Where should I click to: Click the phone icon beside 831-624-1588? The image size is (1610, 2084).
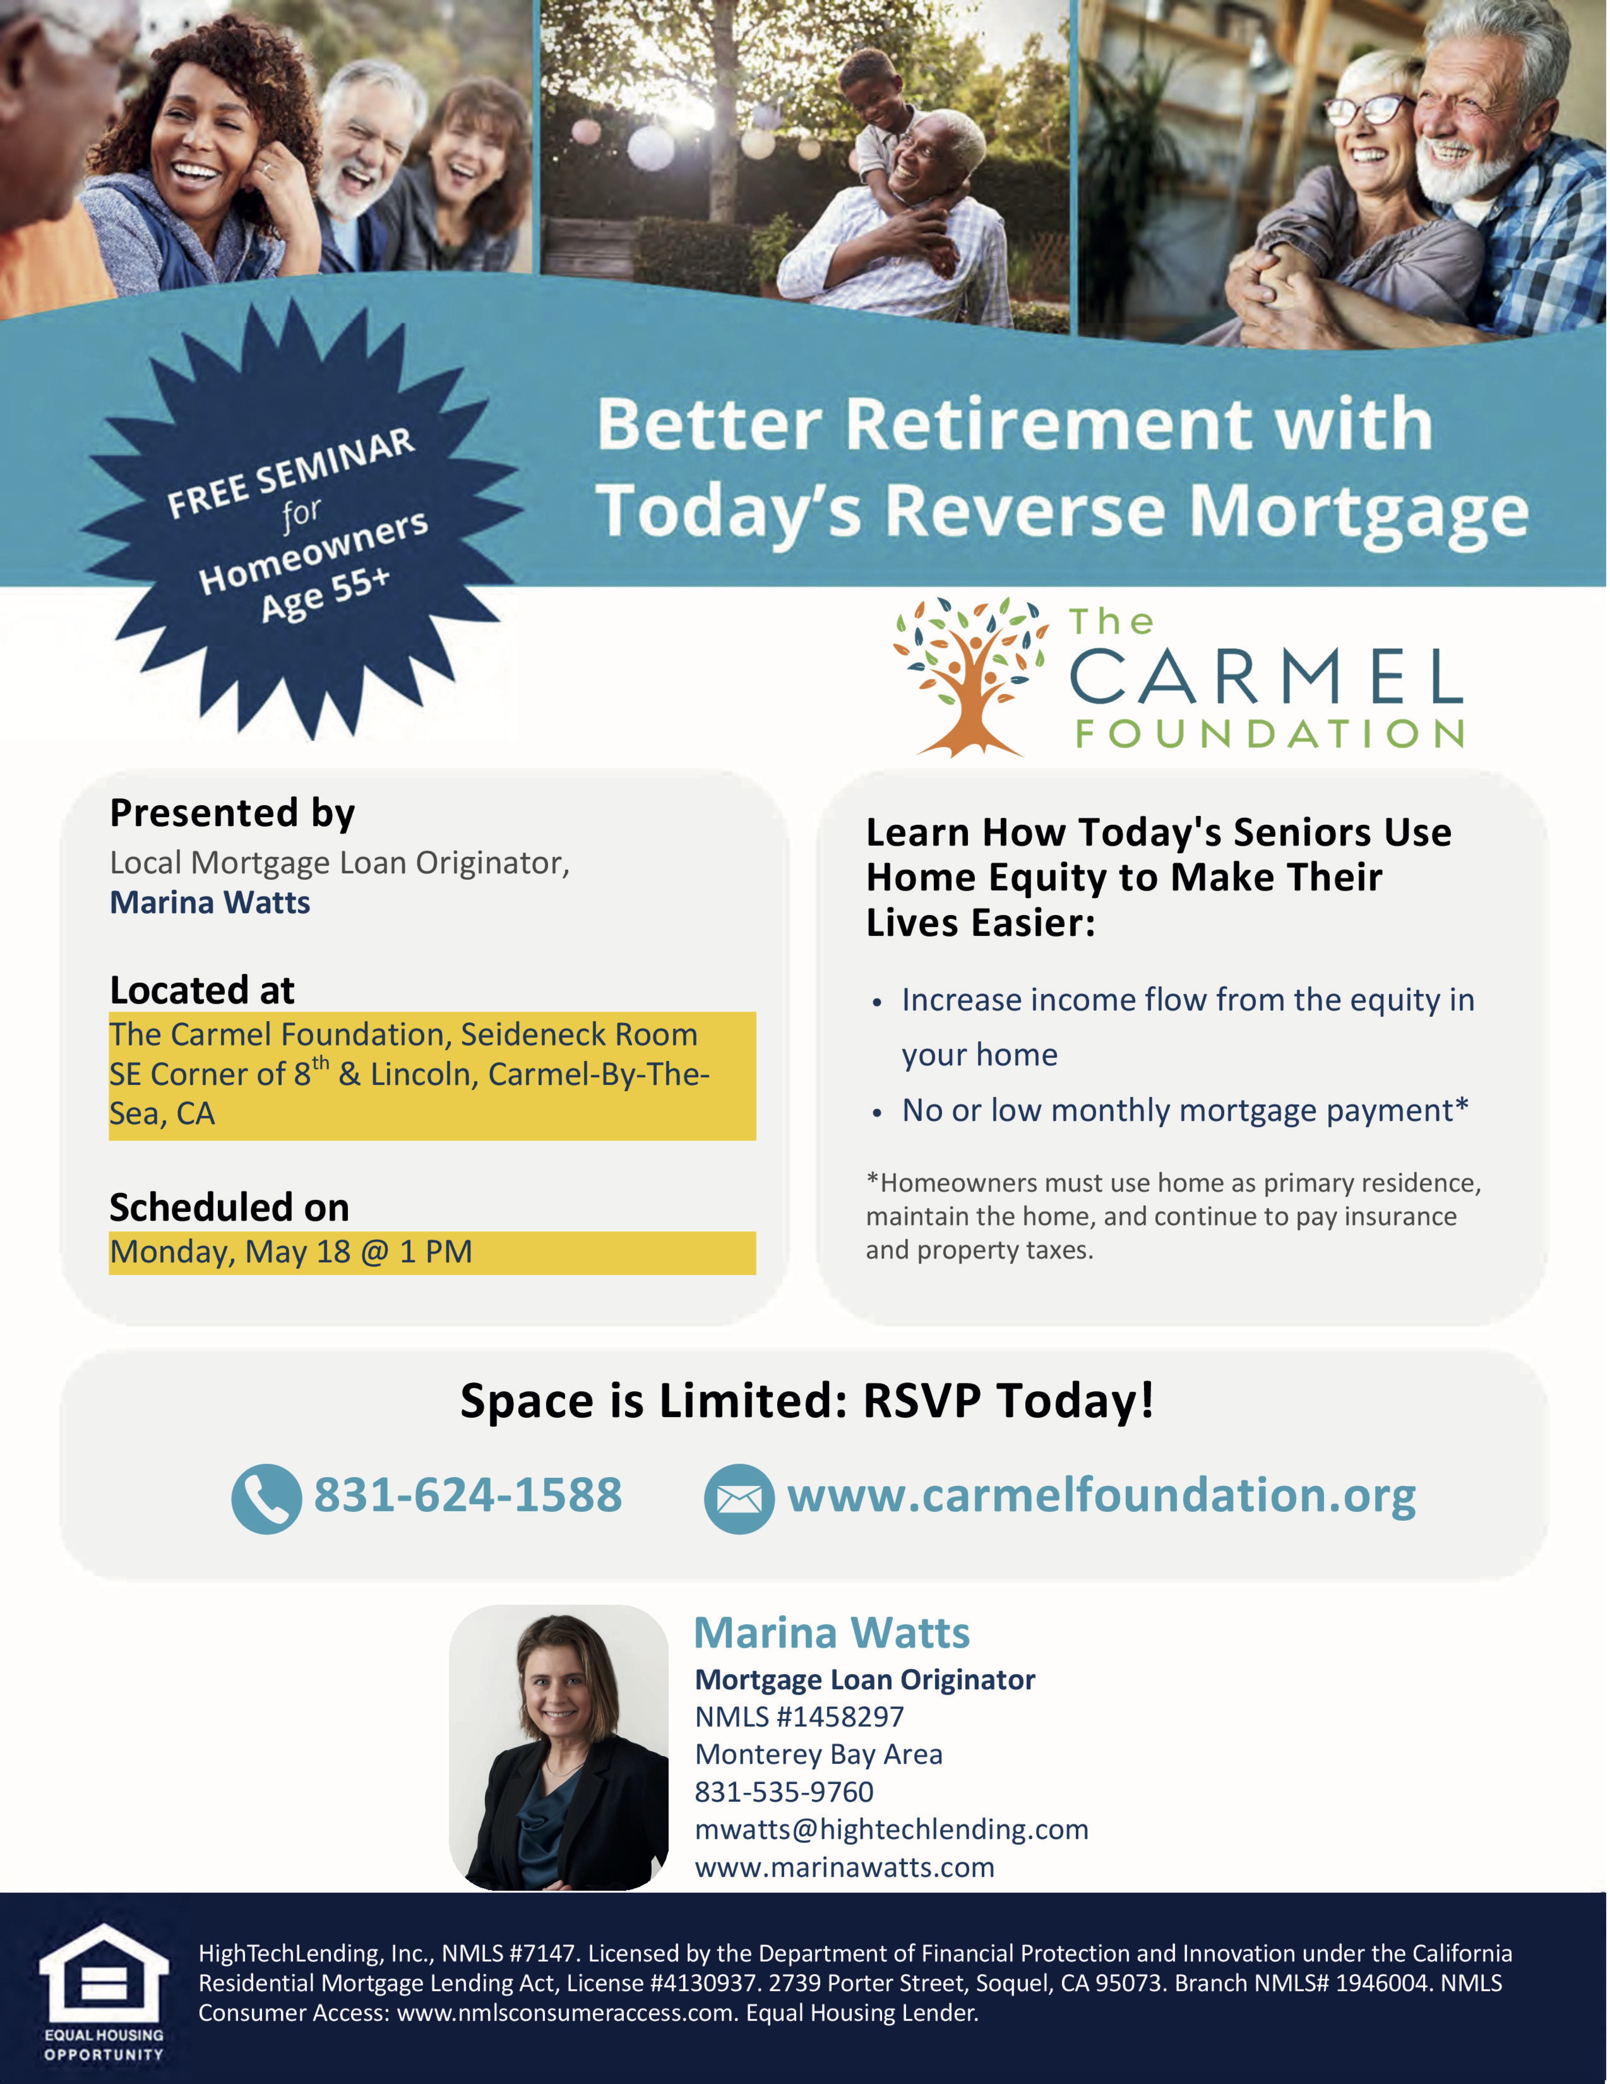[x=266, y=1498]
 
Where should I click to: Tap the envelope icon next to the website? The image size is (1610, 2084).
[x=739, y=1498]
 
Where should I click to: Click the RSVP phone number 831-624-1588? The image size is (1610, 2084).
[x=468, y=1495]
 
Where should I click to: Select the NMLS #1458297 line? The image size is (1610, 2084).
[x=799, y=1717]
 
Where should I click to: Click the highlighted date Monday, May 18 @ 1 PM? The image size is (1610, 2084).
[x=291, y=1252]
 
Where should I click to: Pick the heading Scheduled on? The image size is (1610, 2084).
[x=230, y=1207]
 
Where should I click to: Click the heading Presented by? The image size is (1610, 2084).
[x=233, y=813]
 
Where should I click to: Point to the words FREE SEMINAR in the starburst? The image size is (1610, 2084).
[x=291, y=472]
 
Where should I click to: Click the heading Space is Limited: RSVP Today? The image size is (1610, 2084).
[x=807, y=1401]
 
